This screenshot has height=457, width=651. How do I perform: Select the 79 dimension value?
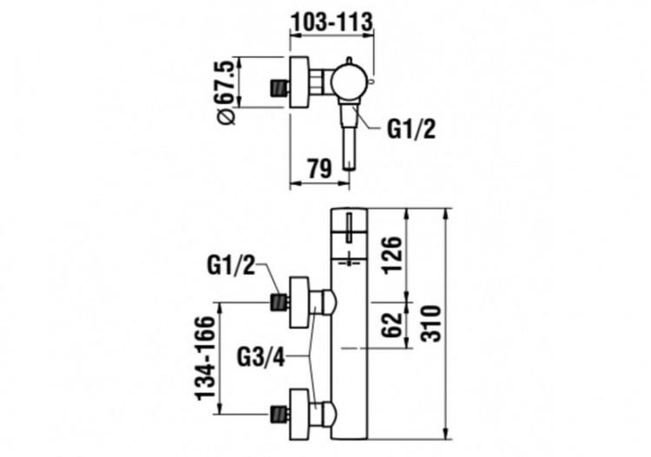tap(319, 168)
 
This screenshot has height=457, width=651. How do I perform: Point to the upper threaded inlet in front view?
tap(278, 302)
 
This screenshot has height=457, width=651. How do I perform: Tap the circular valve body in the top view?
tap(347, 83)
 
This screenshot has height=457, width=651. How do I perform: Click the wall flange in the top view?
tap(300, 83)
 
